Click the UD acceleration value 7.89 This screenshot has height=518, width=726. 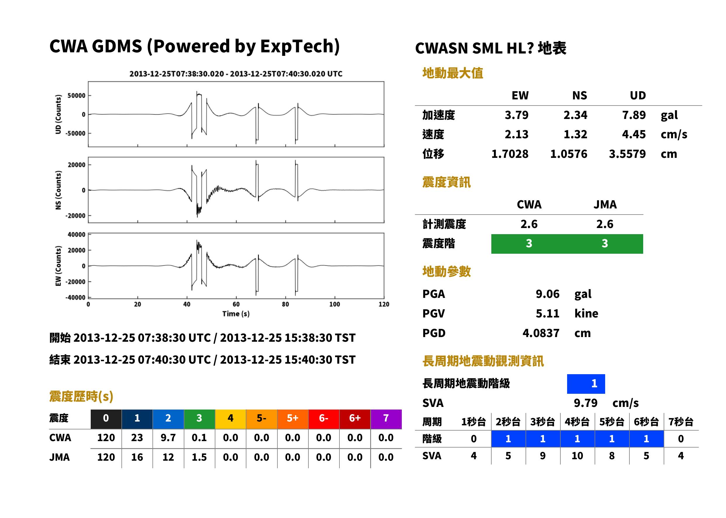[x=634, y=115]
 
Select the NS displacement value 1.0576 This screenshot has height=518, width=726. [x=569, y=154]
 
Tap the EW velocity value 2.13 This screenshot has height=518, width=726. [x=516, y=134]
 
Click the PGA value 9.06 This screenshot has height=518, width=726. [x=547, y=294]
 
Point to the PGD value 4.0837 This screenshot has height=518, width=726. [x=541, y=333]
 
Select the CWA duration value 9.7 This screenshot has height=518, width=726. [x=168, y=438]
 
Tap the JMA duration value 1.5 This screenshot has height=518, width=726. [x=199, y=457]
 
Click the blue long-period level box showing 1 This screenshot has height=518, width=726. [x=586, y=384]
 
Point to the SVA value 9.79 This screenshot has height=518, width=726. [x=586, y=403]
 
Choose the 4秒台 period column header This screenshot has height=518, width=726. [x=577, y=422]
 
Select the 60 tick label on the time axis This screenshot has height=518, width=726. [x=236, y=304]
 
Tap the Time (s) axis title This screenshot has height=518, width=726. [x=236, y=314]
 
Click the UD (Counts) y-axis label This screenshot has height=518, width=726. [x=58, y=114]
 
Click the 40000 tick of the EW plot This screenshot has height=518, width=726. [x=77, y=234]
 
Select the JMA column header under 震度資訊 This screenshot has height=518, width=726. [x=605, y=204]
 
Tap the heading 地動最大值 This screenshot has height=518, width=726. [x=453, y=73]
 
